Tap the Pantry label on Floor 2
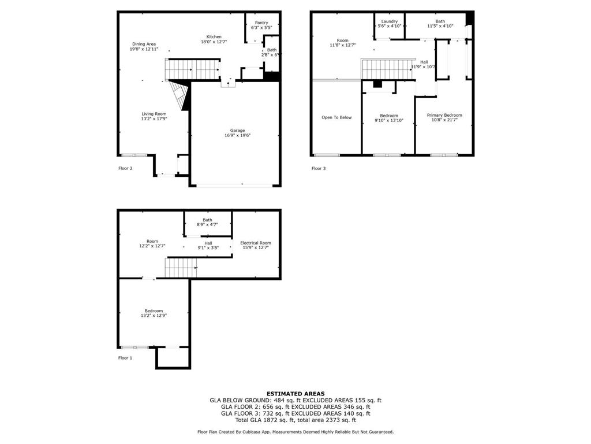click(x=261, y=23)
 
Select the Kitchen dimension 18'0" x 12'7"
click(x=214, y=42)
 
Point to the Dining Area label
click(x=144, y=44)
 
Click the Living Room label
click(x=154, y=114)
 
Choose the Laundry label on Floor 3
click(x=389, y=21)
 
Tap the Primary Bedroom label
click(x=444, y=115)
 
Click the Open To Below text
click(x=336, y=117)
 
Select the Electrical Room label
click(x=256, y=243)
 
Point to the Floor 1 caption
click(x=125, y=358)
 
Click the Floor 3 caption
click(x=319, y=168)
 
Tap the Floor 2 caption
click(x=125, y=168)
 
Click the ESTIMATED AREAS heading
click(x=295, y=394)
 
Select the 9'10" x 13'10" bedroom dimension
click(x=389, y=120)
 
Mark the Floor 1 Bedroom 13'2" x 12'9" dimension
click(x=154, y=316)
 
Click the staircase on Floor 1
click(x=181, y=268)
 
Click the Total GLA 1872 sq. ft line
click(x=295, y=420)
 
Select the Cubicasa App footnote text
click(x=295, y=432)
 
